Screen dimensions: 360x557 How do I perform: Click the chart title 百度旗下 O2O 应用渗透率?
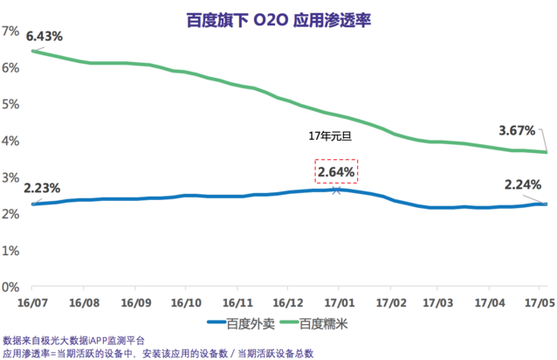(x=278, y=17)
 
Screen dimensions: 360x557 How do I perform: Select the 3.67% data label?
(x=517, y=131)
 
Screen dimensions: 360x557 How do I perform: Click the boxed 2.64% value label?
(x=335, y=172)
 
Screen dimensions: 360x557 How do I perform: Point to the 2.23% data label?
(x=43, y=188)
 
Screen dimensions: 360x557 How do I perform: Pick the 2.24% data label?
(x=523, y=184)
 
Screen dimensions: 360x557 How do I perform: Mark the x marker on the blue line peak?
(x=337, y=189)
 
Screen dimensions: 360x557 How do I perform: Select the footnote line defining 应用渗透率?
(x=157, y=353)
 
